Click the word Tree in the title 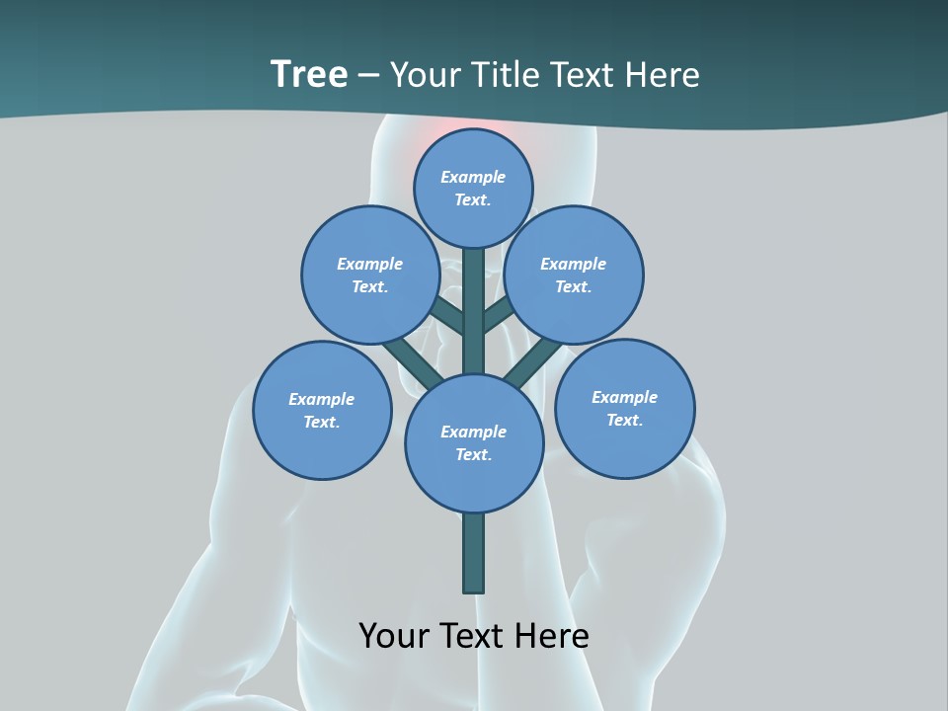(x=309, y=75)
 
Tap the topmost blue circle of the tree (x=473, y=188)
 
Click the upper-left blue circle (x=370, y=275)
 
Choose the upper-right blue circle (x=574, y=275)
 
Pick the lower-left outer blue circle (x=322, y=410)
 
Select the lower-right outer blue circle (x=625, y=408)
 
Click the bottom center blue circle (x=474, y=442)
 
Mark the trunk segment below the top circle (x=474, y=286)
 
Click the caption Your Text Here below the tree (x=474, y=635)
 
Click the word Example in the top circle (x=473, y=177)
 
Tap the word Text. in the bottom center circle (x=473, y=454)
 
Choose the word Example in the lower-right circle (x=625, y=397)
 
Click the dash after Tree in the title (x=369, y=76)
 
